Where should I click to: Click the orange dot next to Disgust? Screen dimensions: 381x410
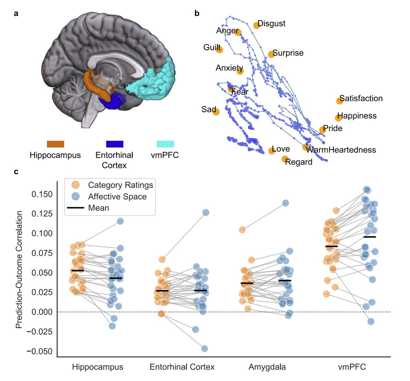257,25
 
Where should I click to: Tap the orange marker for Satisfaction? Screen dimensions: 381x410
339,101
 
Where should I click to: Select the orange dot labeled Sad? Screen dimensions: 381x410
216,112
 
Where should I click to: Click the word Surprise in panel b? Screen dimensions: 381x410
288,53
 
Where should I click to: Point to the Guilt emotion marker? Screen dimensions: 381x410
219,50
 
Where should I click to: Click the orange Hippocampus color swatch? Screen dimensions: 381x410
55,144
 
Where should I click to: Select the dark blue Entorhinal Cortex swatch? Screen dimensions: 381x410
114,144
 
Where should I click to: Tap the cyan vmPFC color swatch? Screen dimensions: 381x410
165,144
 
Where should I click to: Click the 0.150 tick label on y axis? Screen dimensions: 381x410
42,194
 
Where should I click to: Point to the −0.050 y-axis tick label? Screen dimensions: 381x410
40,351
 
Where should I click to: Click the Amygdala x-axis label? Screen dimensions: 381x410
267,367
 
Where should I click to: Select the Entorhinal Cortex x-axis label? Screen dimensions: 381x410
182,367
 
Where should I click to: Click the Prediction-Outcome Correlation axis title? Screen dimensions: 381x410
19,270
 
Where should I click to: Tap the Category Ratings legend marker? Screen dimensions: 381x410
75,185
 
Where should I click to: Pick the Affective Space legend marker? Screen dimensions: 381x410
75,197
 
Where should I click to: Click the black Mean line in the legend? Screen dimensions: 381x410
76,208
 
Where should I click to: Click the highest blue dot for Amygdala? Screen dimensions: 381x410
286,203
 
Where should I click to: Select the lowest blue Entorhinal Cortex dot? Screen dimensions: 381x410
205,349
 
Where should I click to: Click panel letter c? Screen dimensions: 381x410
16,171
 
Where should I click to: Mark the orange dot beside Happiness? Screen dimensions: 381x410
338,118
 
